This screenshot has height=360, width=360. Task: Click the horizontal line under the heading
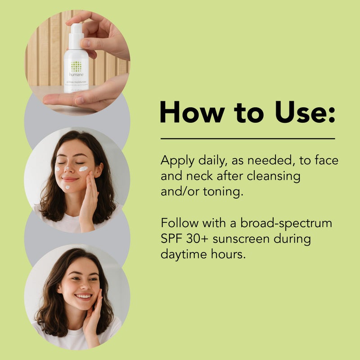[247, 139]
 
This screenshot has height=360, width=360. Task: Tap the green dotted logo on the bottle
[76, 66]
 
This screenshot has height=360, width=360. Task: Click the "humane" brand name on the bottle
[76, 75]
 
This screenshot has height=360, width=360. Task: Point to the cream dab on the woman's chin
[67, 187]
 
